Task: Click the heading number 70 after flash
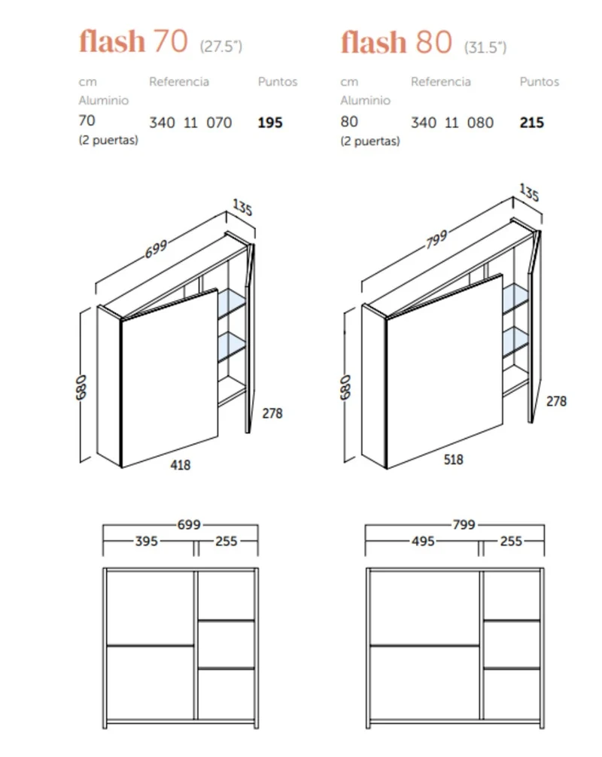pyautogui.click(x=170, y=41)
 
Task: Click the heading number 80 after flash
pyautogui.click(x=433, y=41)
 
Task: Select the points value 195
pyautogui.click(x=270, y=123)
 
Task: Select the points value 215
pyautogui.click(x=531, y=123)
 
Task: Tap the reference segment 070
pyautogui.click(x=219, y=123)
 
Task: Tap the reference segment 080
pyautogui.click(x=480, y=123)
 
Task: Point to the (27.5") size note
pyautogui.click(x=220, y=47)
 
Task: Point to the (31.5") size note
pyautogui.click(x=485, y=47)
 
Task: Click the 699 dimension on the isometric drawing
pyautogui.click(x=156, y=249)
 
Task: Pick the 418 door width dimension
pyautogui.click(x=180, y=465)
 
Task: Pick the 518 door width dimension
pyautogui.click(x=453, y=459)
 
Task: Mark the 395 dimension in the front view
pyautogui.click(x=146, y=541)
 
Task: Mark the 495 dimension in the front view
pyautogui.click(x=423, y=541)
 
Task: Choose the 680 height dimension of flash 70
pyautogui.click(x=81, y=388)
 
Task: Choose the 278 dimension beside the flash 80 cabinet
pyautogui.click(x=556, y=401)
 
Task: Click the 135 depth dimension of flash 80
pyautogui.click(x=529, y=192)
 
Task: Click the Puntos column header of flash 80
pyautogui.click(x=540, y=81)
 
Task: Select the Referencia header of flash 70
pyautogui.click(x=178, y=81)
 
